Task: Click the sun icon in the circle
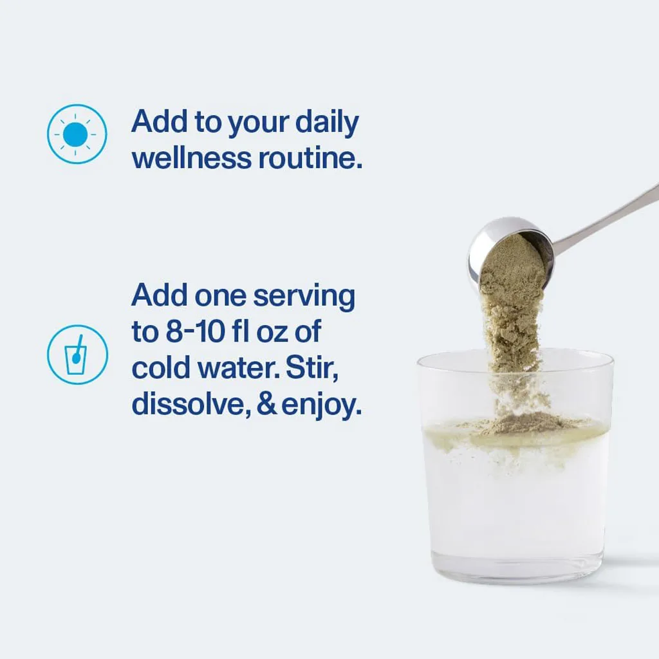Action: tap(77, 134)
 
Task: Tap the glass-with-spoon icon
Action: tap(77, 355)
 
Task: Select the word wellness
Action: tap(192, 158)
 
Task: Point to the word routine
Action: tap(310, 158)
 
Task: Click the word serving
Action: tap(304, 297)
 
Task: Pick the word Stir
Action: tap(312, 367)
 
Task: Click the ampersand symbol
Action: tap(266, 404)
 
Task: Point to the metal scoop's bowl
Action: tap(510, 252)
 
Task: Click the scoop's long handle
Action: tap(605, 218)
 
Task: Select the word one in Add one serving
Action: tap(220, 297)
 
